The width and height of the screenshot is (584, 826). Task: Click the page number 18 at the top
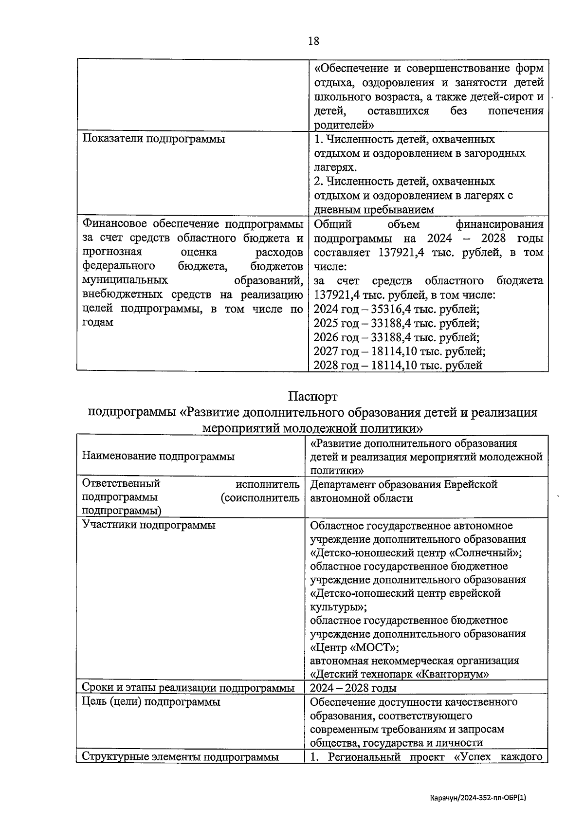313,41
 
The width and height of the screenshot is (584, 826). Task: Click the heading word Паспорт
312,397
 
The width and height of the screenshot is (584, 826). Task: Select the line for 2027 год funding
399,351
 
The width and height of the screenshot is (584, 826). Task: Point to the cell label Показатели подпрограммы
154,139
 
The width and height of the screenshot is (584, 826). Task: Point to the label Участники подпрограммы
149,525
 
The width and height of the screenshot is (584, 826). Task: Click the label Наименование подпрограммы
158,456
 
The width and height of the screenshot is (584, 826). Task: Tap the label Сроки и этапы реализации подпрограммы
188,688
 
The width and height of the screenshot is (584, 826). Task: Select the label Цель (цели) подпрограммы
151,702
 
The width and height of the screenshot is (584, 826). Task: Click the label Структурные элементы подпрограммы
180,757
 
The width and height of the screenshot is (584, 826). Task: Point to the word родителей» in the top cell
344,125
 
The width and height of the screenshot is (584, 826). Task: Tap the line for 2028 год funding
398,366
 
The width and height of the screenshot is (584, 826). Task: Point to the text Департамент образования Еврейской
403,485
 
